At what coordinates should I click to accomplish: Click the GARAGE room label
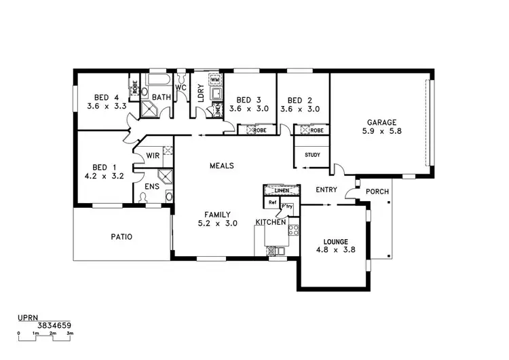point(382,122)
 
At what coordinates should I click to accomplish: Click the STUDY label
point(312,155)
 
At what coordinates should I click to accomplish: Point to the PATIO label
point(121,237)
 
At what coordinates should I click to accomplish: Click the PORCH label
point(377,192)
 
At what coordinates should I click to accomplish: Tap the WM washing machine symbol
point(214,80)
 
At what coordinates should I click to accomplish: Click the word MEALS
point(222,165)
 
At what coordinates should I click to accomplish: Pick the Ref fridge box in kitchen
point(272,202)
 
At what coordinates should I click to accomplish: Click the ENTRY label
point(326,190)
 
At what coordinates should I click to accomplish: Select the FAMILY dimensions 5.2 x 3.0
point(217,223)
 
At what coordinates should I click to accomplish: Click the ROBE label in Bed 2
point(316,130)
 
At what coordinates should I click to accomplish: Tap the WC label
point(181,88)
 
